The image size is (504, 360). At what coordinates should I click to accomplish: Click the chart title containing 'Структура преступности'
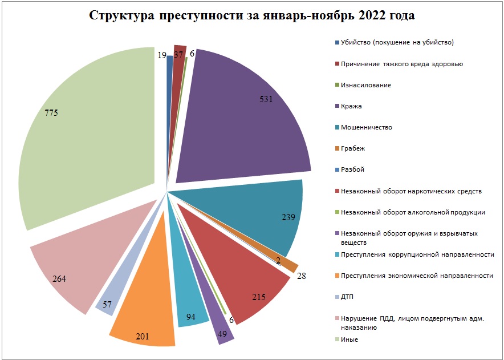point(251,16)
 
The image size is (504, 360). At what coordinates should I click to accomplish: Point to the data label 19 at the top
point(161,55)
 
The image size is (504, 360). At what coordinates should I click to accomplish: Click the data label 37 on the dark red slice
point(178,55)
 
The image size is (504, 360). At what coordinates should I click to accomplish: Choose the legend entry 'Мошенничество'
point(366,127)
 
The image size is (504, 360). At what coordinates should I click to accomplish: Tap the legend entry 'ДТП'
point(347,297)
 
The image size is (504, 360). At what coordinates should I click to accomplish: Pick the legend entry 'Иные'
point(349,339)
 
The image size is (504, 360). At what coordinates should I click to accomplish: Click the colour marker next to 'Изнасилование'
point(337,85)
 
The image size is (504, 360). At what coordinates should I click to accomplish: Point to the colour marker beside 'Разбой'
point(337,169)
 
